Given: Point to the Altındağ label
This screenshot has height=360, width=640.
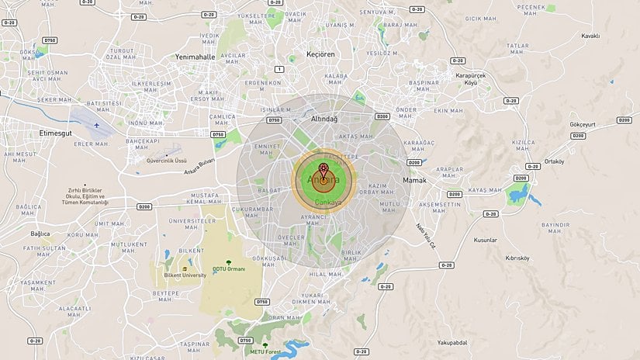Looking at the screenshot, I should [324, 119].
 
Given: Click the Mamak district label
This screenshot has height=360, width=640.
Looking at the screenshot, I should [415, 180].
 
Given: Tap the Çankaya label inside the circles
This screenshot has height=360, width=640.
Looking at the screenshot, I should [329, 202].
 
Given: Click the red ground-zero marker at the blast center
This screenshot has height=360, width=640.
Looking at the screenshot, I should [323, 166].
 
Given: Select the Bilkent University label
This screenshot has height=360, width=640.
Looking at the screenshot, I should [185, 275].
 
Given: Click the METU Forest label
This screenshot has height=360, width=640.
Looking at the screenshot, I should [265, 352].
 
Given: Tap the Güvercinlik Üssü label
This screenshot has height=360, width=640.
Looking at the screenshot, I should [168, 161].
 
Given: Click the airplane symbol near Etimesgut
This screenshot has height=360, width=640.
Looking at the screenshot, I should [97, 123].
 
